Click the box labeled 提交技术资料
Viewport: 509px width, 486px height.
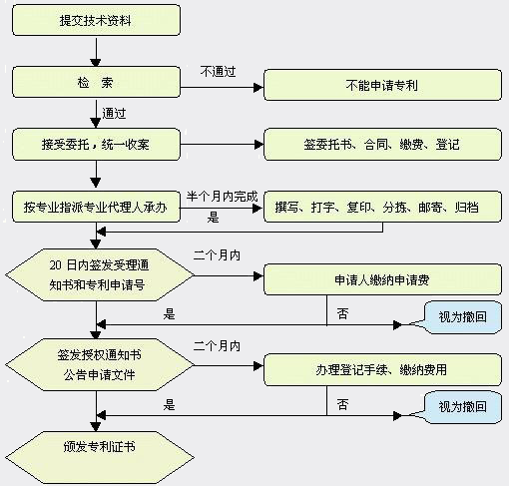click(96, 20)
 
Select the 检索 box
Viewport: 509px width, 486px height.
click(96, 82)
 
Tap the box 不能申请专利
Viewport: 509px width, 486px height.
click(382, 85)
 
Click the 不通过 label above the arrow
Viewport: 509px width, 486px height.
click(218, 71)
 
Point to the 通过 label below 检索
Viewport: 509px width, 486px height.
click(114, 113)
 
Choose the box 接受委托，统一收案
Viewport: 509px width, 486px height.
click(96, 145)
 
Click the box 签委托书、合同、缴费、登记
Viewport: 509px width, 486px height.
click(382, 145)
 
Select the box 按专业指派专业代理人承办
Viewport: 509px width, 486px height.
click(96, 207)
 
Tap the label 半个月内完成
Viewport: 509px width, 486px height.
click(222, 197)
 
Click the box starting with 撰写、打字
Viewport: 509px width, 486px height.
click(382, 207)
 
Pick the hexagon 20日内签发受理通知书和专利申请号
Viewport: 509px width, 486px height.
click(100, 275)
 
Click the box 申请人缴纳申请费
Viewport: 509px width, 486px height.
click(382, 279)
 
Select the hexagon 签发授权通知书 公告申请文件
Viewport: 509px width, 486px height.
click(100, 365)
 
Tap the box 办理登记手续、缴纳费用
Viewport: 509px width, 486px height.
click(382, 369)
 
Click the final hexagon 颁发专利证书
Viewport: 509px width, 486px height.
click(100, 458)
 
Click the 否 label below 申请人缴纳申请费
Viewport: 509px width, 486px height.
click(342, 313)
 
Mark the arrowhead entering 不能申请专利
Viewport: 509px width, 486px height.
click(258, 88)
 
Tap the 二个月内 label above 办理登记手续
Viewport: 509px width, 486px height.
click(217, 346)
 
